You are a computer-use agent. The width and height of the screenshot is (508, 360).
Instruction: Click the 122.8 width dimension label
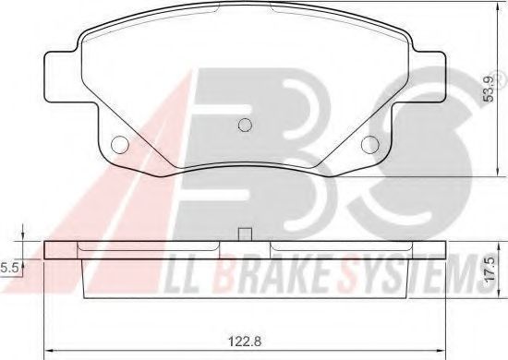pyautogui.click(x=245, y=342)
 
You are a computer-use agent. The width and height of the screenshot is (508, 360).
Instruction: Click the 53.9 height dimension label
pyautogui.click(x=489, y=89)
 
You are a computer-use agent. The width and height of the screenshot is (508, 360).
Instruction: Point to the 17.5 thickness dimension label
pyautogui.click(x=490, y=269)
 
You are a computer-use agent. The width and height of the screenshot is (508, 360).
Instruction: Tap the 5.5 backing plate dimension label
pyautogui.click(x=8, y=269)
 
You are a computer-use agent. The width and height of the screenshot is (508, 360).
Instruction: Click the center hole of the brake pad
pyautogui.click(x=245, y=125)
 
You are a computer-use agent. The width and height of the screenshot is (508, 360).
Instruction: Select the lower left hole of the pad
pyautogui.click(x=119, y=144)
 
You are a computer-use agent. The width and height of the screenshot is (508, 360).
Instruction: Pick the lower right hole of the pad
pyautogui.click(x=370, y=144)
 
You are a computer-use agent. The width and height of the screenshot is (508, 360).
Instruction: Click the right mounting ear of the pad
pyautogui.click(x=429, y=77)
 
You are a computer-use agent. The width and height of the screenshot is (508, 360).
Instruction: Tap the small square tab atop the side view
pyautogui.click(x=245, y=234)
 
